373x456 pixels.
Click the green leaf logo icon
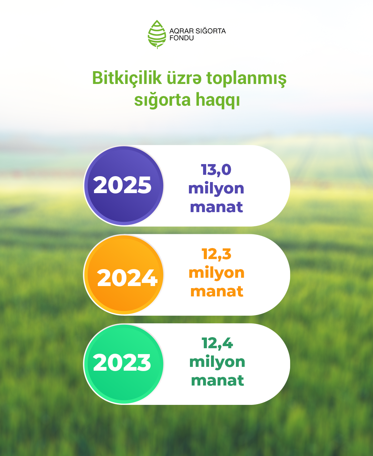157,35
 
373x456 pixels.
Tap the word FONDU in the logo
181,38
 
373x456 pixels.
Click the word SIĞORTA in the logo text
211,31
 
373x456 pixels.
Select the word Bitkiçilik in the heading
127,78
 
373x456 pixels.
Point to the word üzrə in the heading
184,78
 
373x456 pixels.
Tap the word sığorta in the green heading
162,100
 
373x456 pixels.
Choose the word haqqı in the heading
218,100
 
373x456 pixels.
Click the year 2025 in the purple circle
122,185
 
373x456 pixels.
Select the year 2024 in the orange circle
127,278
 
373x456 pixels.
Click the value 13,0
216,170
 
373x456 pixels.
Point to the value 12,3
217,254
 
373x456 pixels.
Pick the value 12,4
217,343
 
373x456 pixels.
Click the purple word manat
217,207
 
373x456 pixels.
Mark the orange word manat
217,291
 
